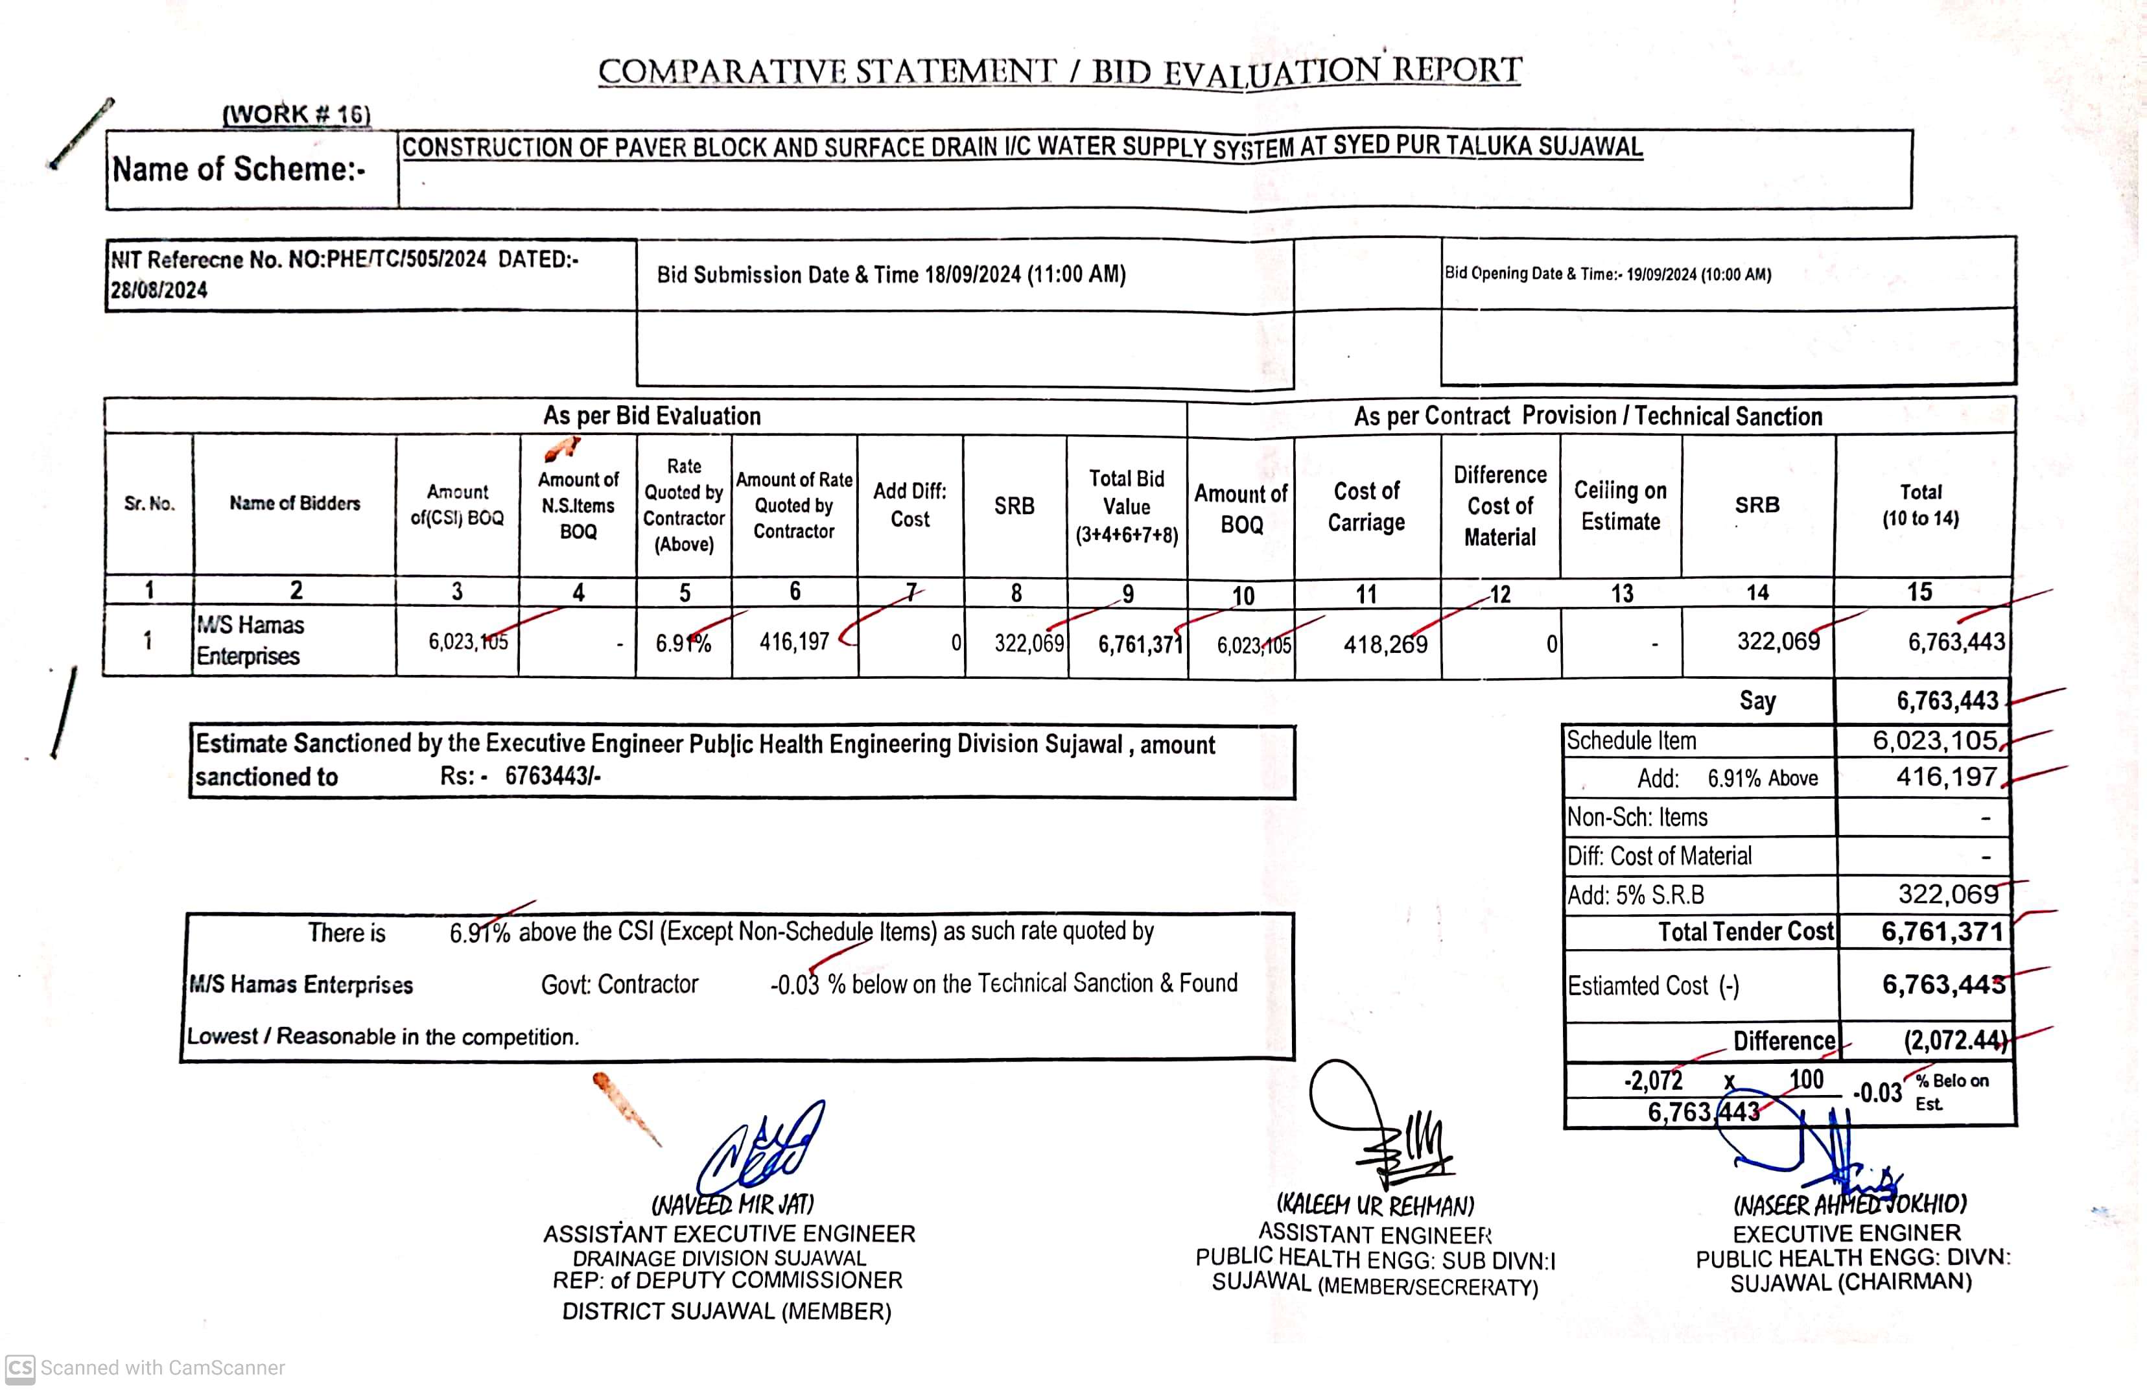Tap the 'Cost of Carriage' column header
(x=1366, y=506)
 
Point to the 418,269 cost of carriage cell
(x=1385, y=644)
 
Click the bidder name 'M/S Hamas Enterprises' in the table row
(x=250, y=641)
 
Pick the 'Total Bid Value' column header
(x=1126, y=506)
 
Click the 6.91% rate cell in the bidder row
(x=683, y=643)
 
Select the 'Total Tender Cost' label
(x=1746, y=932)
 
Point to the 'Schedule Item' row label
(x=1631, y=740)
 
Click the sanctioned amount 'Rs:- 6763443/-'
(x=521, y=777)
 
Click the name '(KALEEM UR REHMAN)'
(x=1375, y=1205)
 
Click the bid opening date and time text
(x=1608, y=274)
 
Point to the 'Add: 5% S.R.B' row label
(x=1636, y=895)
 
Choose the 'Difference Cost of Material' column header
(x=1499, y=506)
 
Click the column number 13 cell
(x=1621, y=593)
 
